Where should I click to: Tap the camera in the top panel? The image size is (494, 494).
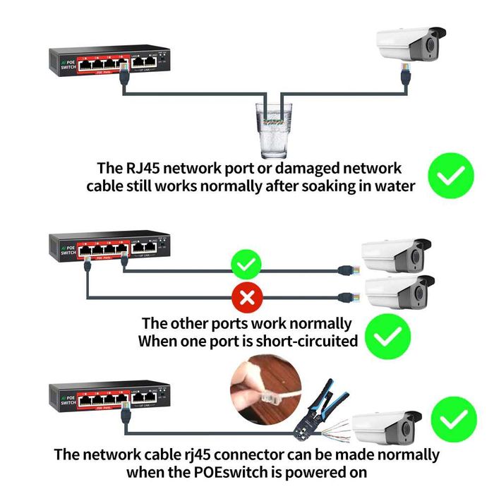410,44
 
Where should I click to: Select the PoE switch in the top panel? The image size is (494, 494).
109,62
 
